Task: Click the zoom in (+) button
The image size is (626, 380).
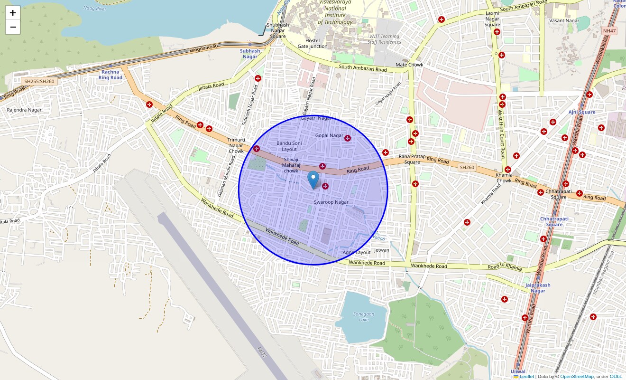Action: [x=13, y=13]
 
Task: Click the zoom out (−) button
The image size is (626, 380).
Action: [x=13, y=27]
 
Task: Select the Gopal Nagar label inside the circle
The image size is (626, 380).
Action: [x=329, y=135]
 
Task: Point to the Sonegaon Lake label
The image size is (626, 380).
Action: [x=364, y=317]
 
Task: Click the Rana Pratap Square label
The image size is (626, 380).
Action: [x=409, y=159]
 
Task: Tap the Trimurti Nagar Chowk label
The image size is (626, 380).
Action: [x=236, y=145]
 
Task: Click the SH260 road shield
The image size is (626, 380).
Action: [x=467, y=167]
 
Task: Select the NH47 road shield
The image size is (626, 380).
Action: [x=609, y=31]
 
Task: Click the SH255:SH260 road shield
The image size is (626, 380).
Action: [x=39, y=81]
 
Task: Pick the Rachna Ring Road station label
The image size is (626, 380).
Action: [x=110, y=75]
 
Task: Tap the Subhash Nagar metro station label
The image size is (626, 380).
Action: [x=250, y=54]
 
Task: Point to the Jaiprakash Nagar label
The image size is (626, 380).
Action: [x=538, y=288]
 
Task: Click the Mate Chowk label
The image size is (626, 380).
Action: [x=409, y=65]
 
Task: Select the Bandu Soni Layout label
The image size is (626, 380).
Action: [x=289, y=146]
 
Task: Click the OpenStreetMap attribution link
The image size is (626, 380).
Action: [x=577, y=377]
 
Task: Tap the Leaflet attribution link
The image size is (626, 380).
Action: [x=526, y=377]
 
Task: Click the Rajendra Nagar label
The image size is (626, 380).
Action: [x=24, y=110]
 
